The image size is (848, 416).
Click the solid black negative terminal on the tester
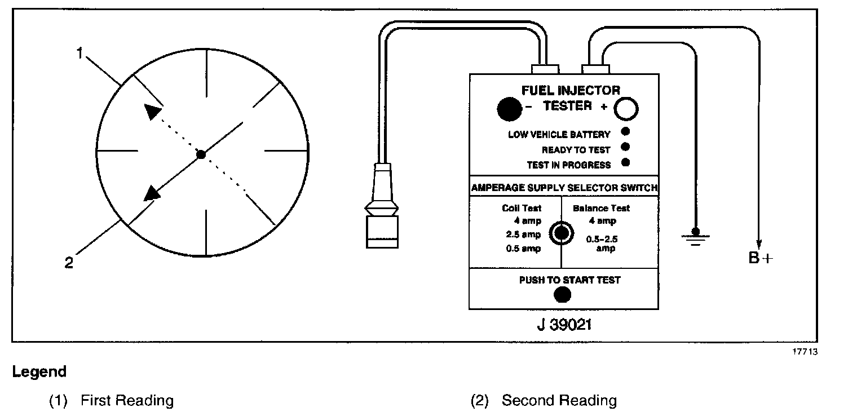pyautogui.click(x=510, y=109)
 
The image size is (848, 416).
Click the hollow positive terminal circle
pyautogui.click(x=625, y=109)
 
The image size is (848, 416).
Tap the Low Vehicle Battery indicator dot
pyautogui.click(x=625, y=132)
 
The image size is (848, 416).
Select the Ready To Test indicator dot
pyautogui.click(x=625, y=148)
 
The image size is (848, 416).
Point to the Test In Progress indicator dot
pyautogui.click(x=625, y=163)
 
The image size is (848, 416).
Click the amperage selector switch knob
pyautogui.click(x=561, y=232)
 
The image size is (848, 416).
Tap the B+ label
pyautogui.click(x=761, y=259)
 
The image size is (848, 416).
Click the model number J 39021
pyautogui.click(x=564, y=325)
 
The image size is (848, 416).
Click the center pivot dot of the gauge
pyautogui.click(x=201, y=154)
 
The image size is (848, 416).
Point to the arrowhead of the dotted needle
pyautogui.click(x=152, y=112)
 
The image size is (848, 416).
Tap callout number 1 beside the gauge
pyautogui.click(x=80, y=54)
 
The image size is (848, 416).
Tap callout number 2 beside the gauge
pyautogui.click(x=69, y=263)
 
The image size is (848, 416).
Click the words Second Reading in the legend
pyautogui.click(x=559, y=401)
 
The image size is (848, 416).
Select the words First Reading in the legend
pyautogui.click(x=127, y=401)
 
